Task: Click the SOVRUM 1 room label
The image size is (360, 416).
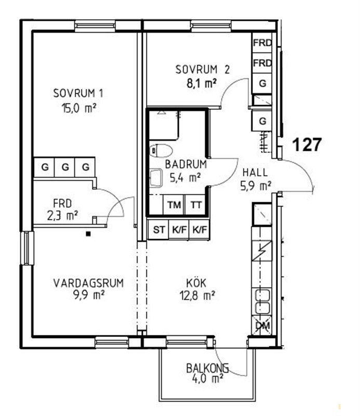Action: click(x=78, y=94)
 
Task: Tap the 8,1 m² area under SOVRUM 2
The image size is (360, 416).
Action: click(x=202, y=84)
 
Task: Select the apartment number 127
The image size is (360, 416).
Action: click(x=307, y=145)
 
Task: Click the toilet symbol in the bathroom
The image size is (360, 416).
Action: click(x=161, y=151)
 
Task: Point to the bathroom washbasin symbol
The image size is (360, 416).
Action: click(x=156, y=177)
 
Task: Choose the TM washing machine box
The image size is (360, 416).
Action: click(x=174, y=205)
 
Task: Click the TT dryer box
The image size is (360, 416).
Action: click(x=195, y=205)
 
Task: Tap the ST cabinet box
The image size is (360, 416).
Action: click(x=158, y=229)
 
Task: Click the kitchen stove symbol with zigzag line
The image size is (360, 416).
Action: click(x=262, y=251)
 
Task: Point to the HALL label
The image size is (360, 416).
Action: click(x=255, y=173)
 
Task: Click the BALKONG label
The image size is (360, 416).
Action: click(x=207, y=368)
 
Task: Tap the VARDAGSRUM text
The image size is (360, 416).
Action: click(x=88, y=283)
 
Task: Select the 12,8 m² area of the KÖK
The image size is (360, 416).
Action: click(x=197, y=295)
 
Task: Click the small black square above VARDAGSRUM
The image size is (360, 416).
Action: click(x=88, y=233)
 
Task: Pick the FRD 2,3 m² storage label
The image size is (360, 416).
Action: click(x=62, y=210)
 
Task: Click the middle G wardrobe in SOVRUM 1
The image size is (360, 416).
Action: click(x=65, y=167)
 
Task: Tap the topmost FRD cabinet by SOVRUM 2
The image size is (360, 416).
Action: click(x=262, y=43)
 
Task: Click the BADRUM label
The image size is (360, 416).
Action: click(x=186, y=164)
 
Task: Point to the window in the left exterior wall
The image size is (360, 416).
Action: click(x=28, y=248)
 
